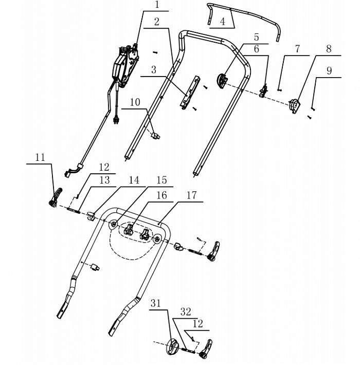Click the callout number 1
point(157,6)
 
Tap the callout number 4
point(222,22)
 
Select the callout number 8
point(328,49)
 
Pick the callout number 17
point(191,195)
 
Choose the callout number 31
point(156,303)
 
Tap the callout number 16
point(161,195)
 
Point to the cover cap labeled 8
point(295,105)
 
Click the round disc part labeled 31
point(172,347)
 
